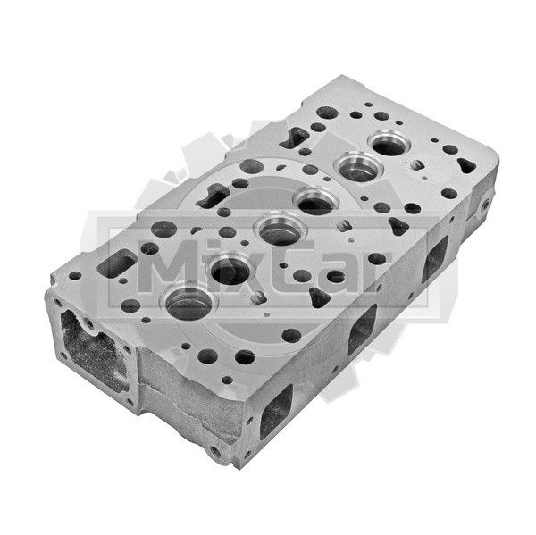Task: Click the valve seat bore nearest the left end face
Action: pos(188,303)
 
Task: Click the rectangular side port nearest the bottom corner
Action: pos(277,412)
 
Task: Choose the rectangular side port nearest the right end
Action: pos(435,259)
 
